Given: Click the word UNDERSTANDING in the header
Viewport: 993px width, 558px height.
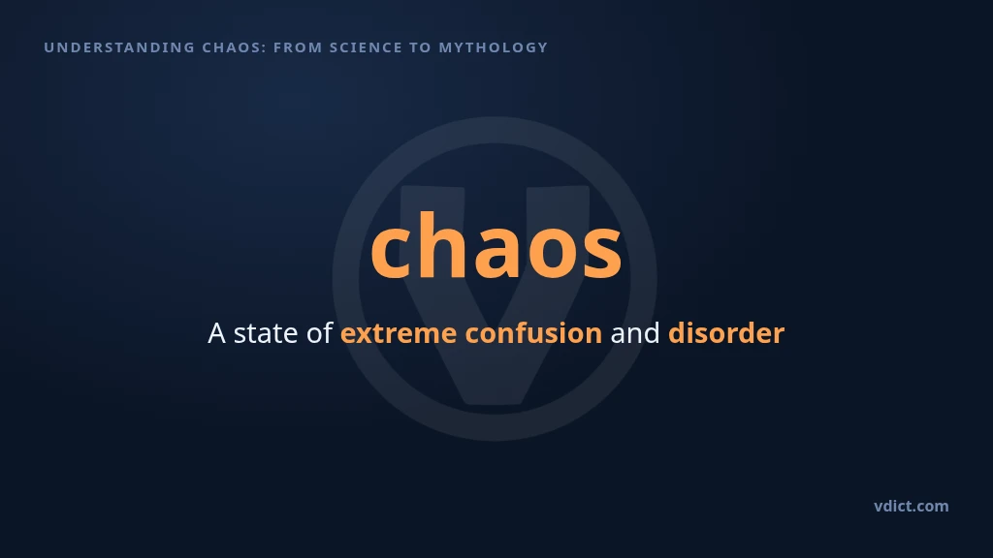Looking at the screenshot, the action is click(119, 47).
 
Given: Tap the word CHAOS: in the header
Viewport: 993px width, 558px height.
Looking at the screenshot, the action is click(235, 47).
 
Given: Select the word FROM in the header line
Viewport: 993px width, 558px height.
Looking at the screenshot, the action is click(298, 47).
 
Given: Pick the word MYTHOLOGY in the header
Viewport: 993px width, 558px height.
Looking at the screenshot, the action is click(494, 47).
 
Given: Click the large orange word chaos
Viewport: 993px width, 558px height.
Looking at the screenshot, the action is click(496, 245).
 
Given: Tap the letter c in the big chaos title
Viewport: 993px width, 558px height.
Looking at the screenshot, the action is click(392, 254).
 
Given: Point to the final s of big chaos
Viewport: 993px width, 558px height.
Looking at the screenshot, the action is click(602, 254).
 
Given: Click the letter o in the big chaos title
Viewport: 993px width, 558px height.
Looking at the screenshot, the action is click(551, 254).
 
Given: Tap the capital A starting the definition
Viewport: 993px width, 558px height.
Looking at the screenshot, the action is click(216, 333).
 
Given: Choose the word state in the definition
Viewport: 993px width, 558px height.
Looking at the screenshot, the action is click(266, 333).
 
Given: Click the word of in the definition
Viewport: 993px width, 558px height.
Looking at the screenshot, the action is click(319, 333).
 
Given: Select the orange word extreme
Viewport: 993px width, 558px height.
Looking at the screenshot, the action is click(399, 333).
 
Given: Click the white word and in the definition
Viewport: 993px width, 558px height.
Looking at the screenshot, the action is click(634, 333).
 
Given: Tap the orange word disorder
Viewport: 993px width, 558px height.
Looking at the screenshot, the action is click(726, 333).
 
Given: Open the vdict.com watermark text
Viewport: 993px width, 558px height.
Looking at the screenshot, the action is click(912, 506).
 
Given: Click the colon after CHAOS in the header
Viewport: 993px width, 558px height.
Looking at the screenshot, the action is click(264, 48).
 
